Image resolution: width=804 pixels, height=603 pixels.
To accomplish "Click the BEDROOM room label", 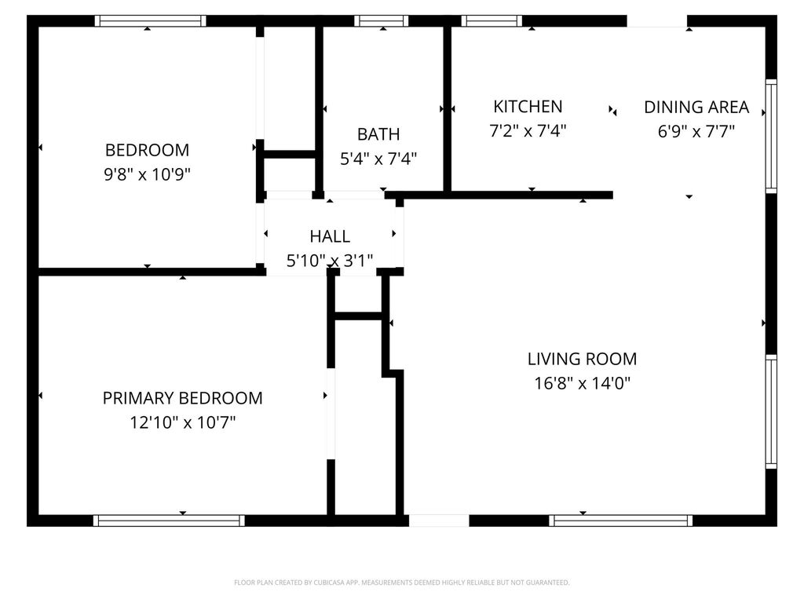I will click(x=147, y=149).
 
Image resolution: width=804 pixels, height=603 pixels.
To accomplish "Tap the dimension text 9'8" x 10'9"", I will click(x=147, y=174).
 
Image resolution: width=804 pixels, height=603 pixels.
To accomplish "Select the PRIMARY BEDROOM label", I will click(x=182, y=398).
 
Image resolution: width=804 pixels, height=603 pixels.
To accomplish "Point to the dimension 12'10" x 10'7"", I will click(x=182, y=423).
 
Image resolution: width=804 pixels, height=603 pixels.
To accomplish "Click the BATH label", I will click(x=378, y=133).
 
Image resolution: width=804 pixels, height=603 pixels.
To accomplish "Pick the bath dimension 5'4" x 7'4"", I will click(x=378, y=159).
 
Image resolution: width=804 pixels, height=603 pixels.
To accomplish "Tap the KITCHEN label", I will click(x=528, y=106).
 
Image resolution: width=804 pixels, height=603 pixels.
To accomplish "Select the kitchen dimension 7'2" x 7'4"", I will click(x=528, y=131).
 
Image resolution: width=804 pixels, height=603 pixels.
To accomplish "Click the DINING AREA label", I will click(x=696, y=107).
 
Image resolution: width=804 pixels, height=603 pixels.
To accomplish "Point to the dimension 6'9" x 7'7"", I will click(x=696, y=131).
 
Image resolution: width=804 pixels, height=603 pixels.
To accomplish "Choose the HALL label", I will click(x=330, y=236).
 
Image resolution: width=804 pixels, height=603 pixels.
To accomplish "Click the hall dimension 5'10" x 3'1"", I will click(x=330, y=261).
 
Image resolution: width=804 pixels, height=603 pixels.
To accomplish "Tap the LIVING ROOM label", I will click(x=582, y=359).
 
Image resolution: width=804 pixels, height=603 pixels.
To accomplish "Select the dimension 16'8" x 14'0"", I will click(x=582, y=384).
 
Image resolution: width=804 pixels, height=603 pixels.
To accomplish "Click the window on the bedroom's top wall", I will click(x=150, y=21).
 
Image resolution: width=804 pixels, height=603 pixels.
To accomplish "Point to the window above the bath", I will click(x=381, y=21).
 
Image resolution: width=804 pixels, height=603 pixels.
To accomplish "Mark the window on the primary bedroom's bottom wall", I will click(x=169, y=520).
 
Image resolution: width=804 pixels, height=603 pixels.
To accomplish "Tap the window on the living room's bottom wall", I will click(x=620, y=520).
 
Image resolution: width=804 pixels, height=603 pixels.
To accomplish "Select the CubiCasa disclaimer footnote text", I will click(x=401, y=583).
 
